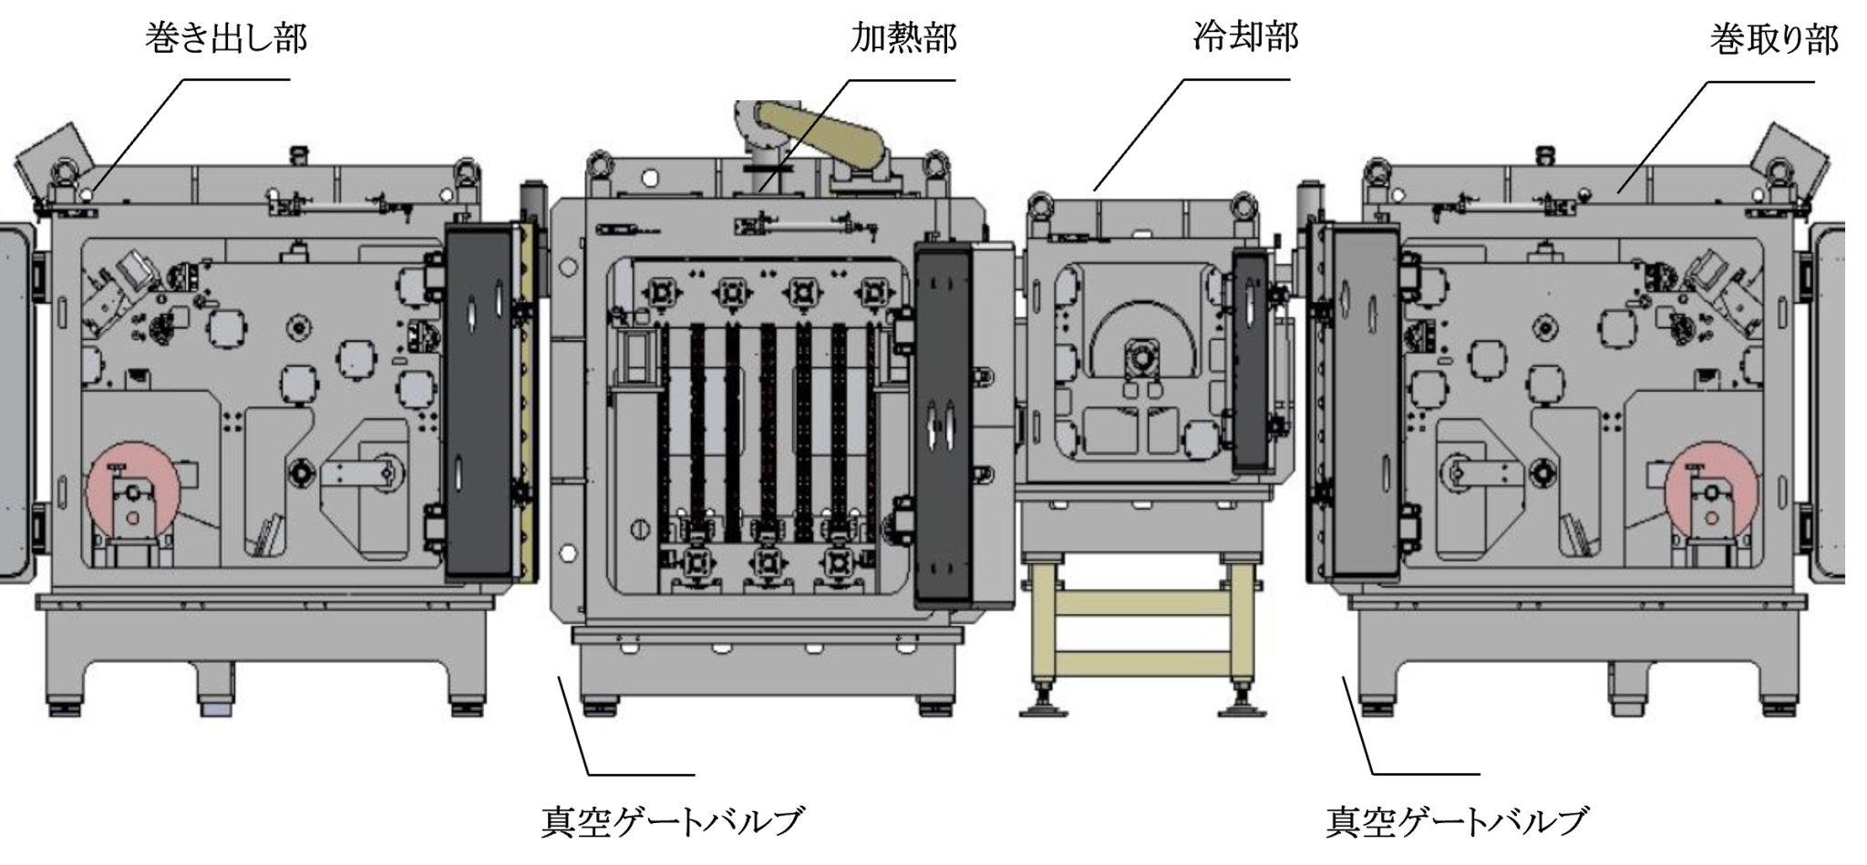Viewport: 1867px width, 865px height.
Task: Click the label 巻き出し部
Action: click(226, 39)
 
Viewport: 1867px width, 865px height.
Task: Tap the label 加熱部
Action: click(903, 38)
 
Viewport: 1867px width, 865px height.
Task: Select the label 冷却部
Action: click(1245, 37)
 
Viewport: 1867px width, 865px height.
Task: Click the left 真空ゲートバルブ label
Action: click(673, 821)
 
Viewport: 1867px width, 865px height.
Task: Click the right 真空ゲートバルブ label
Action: click(1456, 821)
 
